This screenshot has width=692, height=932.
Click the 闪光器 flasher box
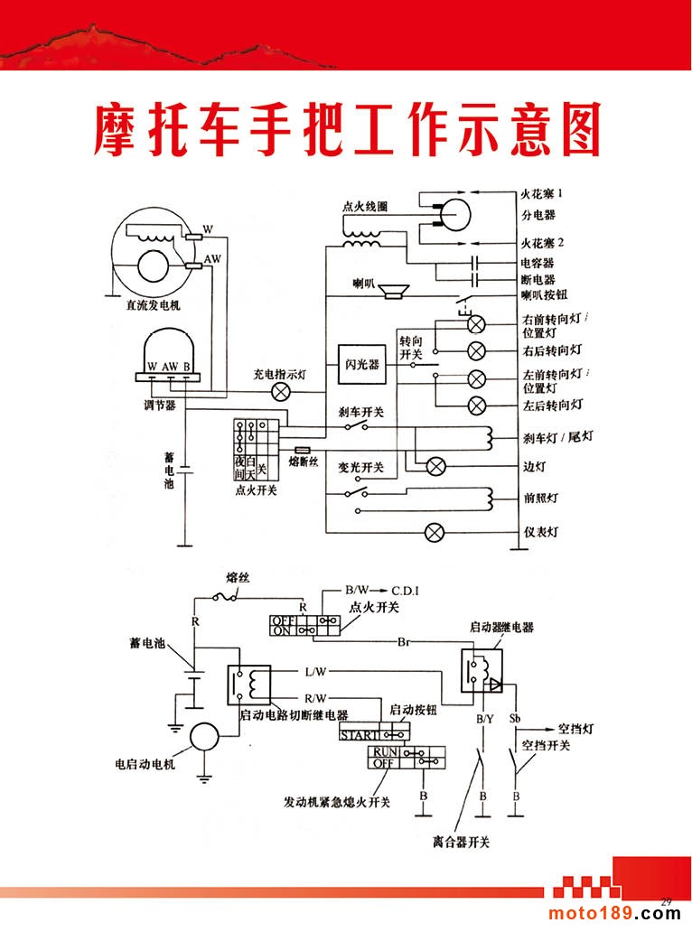click(362, 364)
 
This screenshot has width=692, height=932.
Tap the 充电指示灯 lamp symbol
click(281, 392)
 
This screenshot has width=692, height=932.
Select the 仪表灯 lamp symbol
click(435, 532)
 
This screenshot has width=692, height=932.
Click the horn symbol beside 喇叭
click(394, 291)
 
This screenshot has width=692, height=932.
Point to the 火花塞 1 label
click(542, 194)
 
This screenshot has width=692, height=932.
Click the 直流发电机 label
click(153, 305)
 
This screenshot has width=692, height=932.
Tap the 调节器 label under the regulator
click(160, 405)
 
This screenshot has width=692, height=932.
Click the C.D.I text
click(405, 591)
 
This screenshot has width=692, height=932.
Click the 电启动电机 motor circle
click(204, 737)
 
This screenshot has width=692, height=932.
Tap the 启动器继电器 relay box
click(482, 670)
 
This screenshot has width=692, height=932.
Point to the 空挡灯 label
click(575, 729)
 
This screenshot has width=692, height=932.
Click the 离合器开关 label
click(462, 842)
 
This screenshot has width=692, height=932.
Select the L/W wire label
click(315, 672)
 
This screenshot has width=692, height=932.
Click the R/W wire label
click(315, 698)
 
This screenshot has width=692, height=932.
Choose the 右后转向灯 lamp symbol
click(477, 351)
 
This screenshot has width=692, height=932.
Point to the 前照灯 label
click(541, 499)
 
